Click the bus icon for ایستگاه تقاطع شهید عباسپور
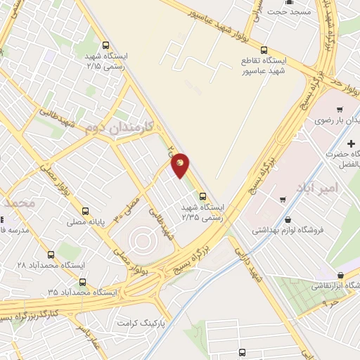[x=264, y=50]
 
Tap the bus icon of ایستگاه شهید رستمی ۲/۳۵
[x=202, y=196]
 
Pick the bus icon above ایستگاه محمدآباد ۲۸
[x=50, y=255]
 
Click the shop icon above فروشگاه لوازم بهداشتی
[x=283, y=200]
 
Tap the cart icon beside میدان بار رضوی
[x=340, y=109]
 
